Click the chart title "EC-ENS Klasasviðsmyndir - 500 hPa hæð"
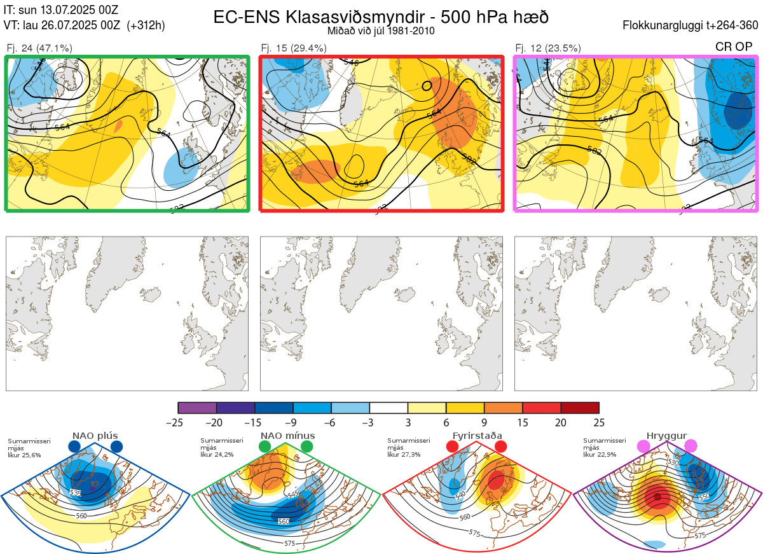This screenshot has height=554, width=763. click(381, 17)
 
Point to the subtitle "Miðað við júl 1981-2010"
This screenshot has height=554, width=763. click(381, 31)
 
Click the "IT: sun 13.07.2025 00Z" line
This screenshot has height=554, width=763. click(61, 10)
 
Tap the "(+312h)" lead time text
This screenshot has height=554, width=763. click(146, 25)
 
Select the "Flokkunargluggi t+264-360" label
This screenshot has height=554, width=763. click(691, 25)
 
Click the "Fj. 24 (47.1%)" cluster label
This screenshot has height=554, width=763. click(39, 48)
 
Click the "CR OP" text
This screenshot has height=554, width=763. click(735, 47)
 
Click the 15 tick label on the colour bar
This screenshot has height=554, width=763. click(522, 422)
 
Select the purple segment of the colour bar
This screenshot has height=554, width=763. click(197, 408)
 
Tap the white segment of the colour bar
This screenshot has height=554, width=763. click(388, 408)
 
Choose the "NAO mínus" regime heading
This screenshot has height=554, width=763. click(287, 436)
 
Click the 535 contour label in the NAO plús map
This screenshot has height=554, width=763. click(75, 493)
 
